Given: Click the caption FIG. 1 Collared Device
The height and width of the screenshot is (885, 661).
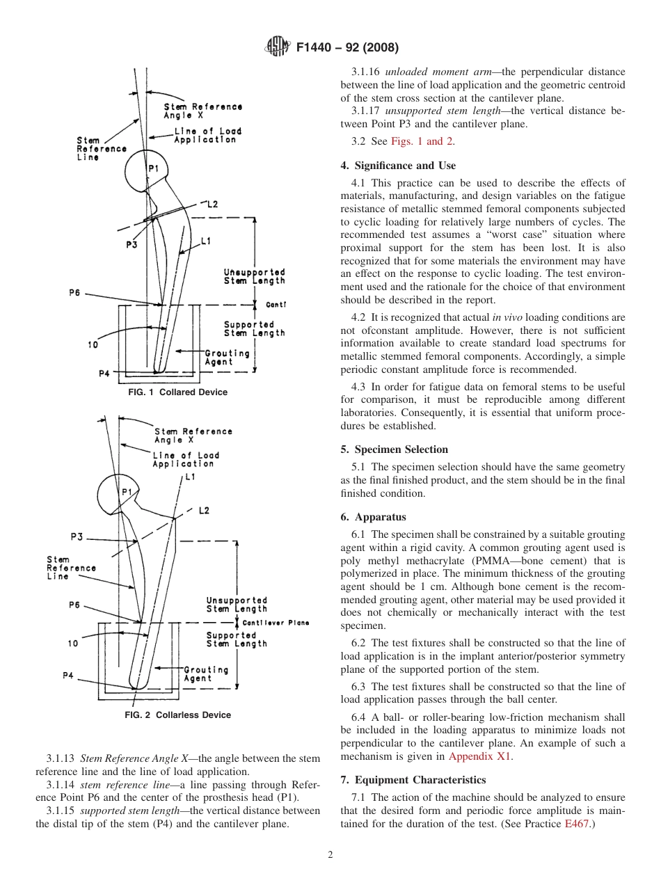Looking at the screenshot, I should pyautogui.click(x=177, y=392).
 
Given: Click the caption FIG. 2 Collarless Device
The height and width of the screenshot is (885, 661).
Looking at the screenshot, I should pyautogui.click(x=177, y=715).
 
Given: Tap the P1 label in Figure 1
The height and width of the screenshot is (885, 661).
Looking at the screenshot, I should pyautogui.click(x=153, y=169).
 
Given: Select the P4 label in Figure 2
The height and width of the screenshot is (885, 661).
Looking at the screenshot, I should pyautogui.click(x=68, y=676).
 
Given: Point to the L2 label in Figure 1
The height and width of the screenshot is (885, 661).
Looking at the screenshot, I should pyautogui.click(x=212, y=205).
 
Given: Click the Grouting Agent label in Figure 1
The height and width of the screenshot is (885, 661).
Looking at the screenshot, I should pyautogui.click(x=227, y=358).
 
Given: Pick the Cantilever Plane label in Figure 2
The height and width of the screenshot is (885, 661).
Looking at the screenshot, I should pyautogui.click(x=276, y=623).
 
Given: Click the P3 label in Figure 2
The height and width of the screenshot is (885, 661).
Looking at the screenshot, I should pyautogui.click(x=77, y=536).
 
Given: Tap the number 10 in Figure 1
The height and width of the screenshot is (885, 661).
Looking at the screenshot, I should pyautogui.click(x=93, y=344).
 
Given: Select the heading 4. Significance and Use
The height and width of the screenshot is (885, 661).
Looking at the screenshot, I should pyautogui.click(x=398, y=166).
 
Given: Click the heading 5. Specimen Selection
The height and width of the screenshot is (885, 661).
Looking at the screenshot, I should pyautogui.click(x=394, y=449).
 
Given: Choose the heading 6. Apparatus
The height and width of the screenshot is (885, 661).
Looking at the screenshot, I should pyautogui.click(x=373, y=517).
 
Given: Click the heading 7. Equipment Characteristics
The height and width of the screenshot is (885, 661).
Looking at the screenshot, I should pyautogui.click(x=413, y=779).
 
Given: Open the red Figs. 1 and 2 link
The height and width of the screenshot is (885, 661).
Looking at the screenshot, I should pyautogui.click(x=422, y=141).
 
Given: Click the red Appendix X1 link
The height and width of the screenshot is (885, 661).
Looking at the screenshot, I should pyautogui.click(x=479, y=756).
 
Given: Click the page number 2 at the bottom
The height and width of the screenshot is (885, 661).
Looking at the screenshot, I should pyautogui.click(x=330, y=855).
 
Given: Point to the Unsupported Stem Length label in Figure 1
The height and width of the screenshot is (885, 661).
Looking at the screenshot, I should pyautogui.click(x=254, y=276).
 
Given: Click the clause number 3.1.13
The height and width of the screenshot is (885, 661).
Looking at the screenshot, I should pyautogui.click(x=61, y=758).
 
